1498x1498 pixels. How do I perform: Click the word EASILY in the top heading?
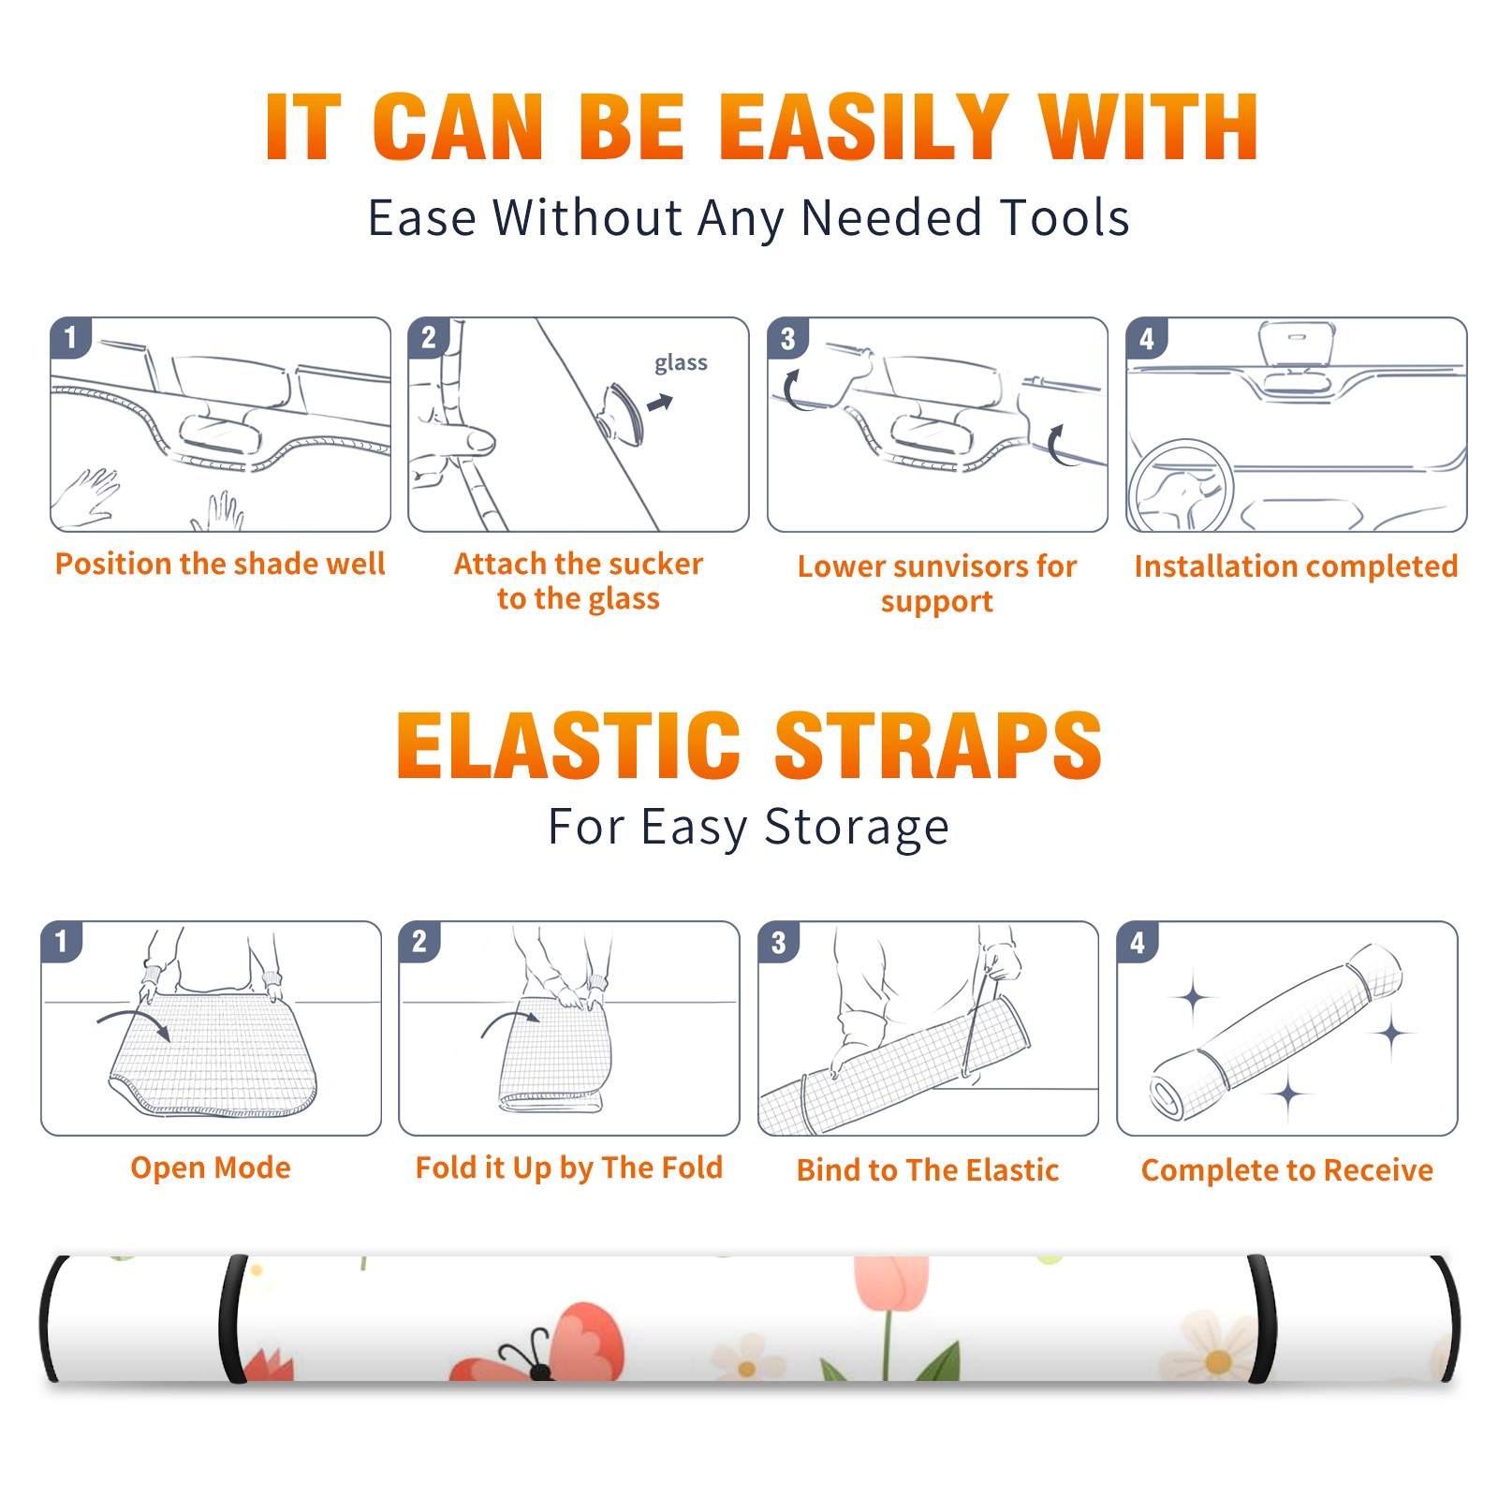click(862, 127)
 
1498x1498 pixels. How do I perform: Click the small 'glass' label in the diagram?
click(681, 363)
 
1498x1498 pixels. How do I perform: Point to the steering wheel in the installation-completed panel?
click(1181, 486)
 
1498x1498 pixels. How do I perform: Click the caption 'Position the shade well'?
click(220, 564)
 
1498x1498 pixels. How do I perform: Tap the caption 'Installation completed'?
click(1296, 566)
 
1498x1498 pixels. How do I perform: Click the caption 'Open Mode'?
click(211, 1168)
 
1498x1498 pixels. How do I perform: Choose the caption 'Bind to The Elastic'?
click(928, 1170)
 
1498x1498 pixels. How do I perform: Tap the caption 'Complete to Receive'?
click(1287, 1170)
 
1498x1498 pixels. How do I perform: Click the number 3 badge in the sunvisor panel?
click(787, 338)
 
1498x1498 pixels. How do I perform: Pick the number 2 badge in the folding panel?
click(419, 941)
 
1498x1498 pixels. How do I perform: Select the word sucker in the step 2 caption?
click(653, 564)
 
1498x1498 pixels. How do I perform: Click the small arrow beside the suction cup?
click(660, 403)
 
